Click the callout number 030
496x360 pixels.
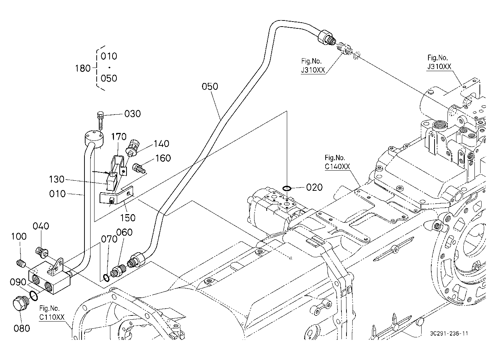[x=132, y=114]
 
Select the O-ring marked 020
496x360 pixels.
[x=287, y=188]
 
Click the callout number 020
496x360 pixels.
[x=314, y=187]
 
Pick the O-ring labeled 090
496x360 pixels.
[x=33, y=296]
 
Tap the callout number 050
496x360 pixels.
[x=210, y=86]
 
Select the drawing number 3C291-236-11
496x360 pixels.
[x=449, y=333]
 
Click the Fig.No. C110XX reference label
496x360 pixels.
[x=52, y=313]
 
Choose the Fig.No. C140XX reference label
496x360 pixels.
[x=337, y=162]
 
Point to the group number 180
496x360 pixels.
[x=83, y=68]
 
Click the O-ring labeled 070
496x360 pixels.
[x=106, y=278]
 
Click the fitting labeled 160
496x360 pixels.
[x=139, y=167]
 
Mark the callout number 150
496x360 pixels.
[x=128, y=218]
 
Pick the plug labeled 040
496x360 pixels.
[x=41, y=253]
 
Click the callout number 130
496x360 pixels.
[x=56, y=179]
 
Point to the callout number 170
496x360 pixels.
[x=119, y=137]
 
